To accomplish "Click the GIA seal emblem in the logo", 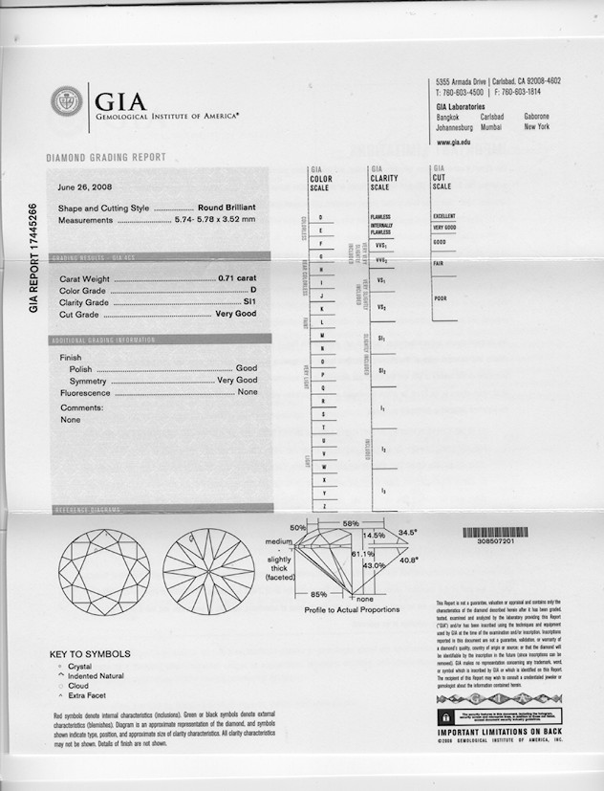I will tap(67, 102).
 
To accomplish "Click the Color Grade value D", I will tap(254, 290).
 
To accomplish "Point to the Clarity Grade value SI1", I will tap(250, 302).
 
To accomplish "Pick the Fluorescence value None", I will tap(248, 392).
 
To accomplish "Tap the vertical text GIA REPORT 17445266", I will tap(33, 258).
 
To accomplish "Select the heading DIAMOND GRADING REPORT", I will tap(106, 158).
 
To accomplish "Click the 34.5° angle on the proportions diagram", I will tap(408, 532).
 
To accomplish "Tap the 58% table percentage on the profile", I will tap(350, 524).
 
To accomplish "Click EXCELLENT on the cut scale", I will tap(444, 216).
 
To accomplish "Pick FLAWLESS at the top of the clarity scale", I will tap(379, 217).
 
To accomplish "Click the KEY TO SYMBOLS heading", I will tap(93, 654).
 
